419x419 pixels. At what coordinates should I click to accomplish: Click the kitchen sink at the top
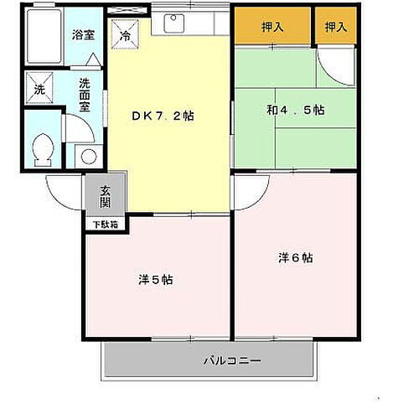[175, 23]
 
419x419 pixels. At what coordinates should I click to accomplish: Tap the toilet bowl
[42, 151]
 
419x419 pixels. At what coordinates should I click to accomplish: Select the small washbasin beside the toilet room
[87, 156]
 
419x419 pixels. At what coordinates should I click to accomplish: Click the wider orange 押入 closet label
[272, 28]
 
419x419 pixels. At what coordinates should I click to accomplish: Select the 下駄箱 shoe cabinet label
[106, 225]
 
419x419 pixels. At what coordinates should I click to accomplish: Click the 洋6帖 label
[296, 258]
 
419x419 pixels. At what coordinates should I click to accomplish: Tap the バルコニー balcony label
[232, 362]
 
